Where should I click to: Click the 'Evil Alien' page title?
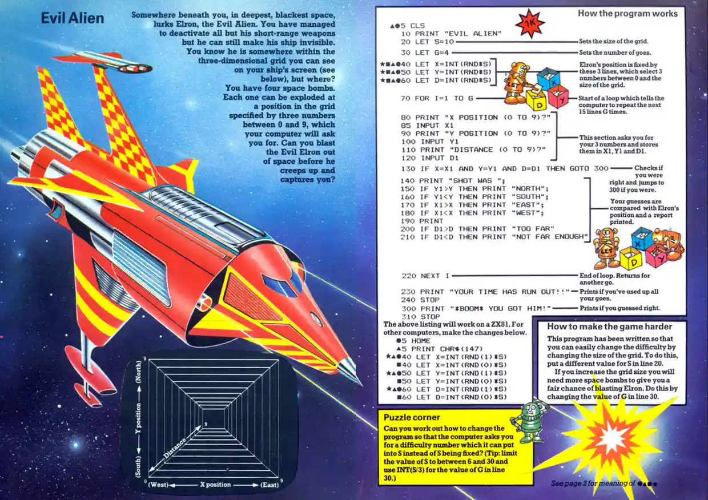[x=73, y=18]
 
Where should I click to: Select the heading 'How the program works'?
[x=627, y=13]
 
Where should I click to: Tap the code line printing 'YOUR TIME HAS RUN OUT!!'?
[x=485, y=292]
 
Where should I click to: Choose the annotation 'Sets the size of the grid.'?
[x=613, y=41]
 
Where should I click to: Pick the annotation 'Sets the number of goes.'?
[x=613, y=52]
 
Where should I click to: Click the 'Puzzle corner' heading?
[x=412, y=417]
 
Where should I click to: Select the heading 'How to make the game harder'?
[x=609, y=327]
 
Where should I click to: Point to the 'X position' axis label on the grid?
[x=215, y=485]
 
